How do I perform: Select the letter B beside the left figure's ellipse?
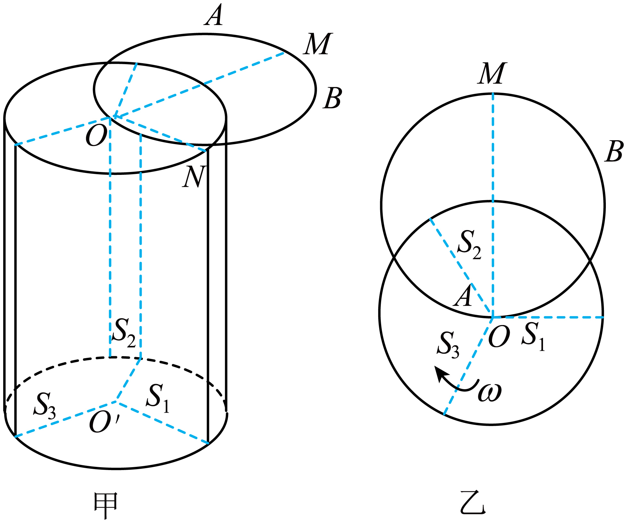click(332, 98)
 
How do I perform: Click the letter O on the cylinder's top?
click(96, 136)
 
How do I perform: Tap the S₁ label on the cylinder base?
click(157, 398)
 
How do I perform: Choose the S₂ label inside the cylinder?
click(124, 333)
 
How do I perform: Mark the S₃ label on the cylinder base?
click(45, 405)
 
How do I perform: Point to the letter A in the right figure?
click(463, 296)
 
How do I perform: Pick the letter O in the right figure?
click(499, 337)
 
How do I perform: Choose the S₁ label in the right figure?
click(533, 337)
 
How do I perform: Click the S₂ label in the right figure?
click(470, 244)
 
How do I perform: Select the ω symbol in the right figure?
click(489, 392)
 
